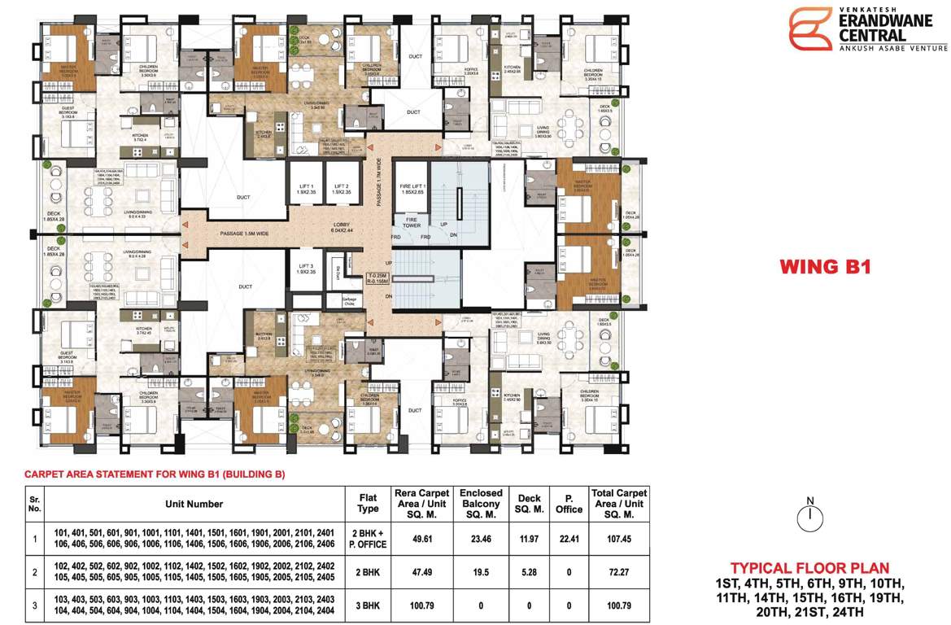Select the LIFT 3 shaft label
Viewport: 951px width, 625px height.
click(306, 269)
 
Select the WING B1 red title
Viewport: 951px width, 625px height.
click(825, 266)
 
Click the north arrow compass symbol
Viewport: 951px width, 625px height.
click(809, 515)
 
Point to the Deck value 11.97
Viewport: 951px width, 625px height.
click(528, 538)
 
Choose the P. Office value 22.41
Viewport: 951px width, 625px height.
click(569, 538)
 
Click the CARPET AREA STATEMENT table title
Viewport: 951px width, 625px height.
click(155, 474)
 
